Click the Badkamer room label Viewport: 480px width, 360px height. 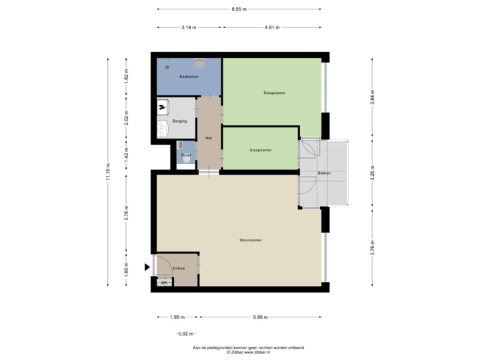189,77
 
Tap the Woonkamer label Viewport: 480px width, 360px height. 251,241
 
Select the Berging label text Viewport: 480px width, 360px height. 179,121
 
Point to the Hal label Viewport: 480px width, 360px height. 209,138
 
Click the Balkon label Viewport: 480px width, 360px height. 325,173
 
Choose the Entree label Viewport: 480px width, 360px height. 178,268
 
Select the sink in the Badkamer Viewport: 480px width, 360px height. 199,64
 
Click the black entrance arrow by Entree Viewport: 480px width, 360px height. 147,267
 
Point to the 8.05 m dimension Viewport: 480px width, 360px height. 238,9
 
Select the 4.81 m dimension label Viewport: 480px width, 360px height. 271,27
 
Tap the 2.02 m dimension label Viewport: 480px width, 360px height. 127,117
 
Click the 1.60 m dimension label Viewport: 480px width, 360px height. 127,269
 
